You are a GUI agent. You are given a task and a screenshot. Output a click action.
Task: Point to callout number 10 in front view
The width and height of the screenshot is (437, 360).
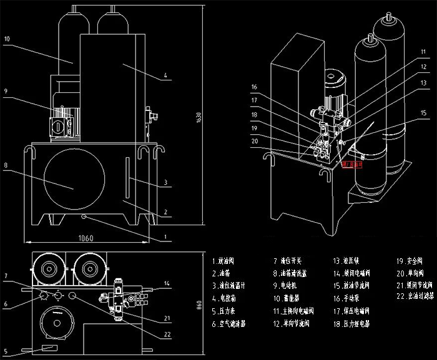pyautogui.click(x=6, y=39)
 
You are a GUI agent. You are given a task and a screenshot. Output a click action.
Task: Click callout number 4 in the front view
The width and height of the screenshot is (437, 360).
pyautogui.click(x=165, y=76)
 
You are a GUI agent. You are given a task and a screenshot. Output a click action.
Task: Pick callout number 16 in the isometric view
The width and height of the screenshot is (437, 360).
pyautogui.click(x=255, y=87)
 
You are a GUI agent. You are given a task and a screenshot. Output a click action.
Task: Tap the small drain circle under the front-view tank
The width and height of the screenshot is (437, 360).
pyautogui.click(x=84, y=217)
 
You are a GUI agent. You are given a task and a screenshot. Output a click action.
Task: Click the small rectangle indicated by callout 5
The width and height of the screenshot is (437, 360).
pyautogui.click(x=48, y=347)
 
